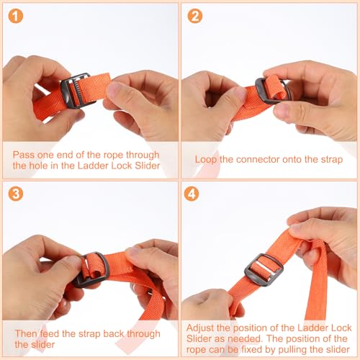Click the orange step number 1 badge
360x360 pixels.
point(16,16)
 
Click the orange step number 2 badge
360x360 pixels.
point(195,16)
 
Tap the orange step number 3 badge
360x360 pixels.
point(16,194)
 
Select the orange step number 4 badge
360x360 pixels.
point(192,194)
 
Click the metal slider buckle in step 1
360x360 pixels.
point(64,91)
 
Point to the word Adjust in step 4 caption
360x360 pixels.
point(200,328)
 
